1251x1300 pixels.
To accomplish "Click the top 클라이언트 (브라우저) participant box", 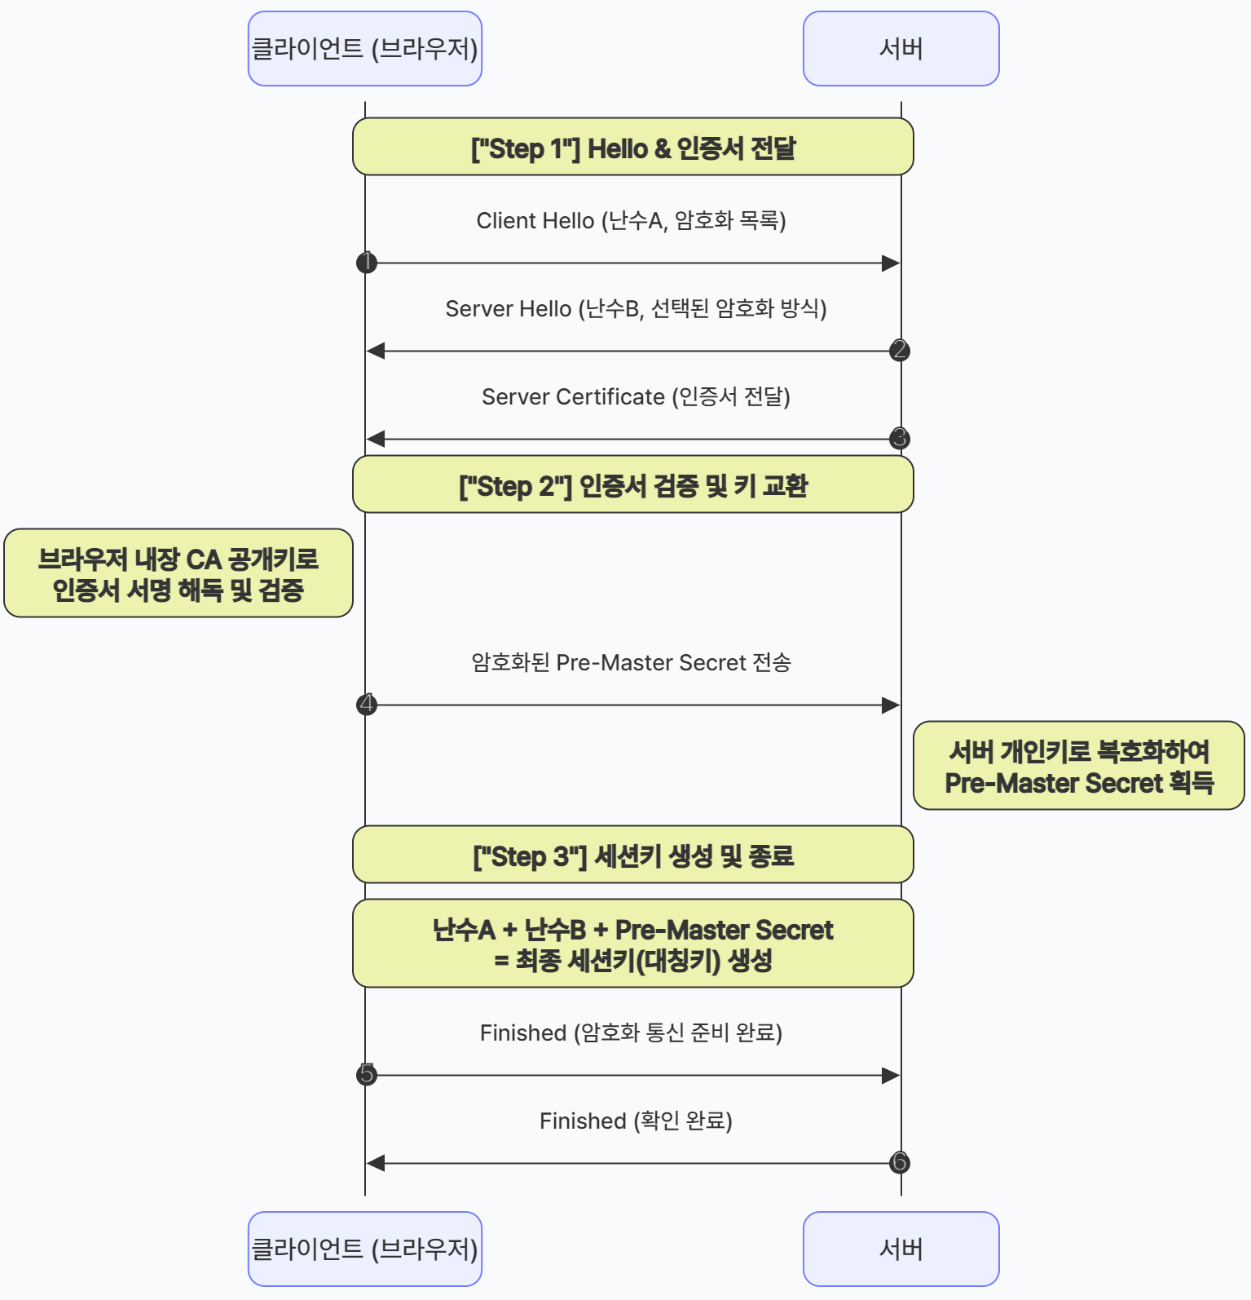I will point(364,49).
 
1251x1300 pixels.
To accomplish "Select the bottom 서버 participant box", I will point(901,1249).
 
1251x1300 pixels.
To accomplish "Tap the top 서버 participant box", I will point(901,49).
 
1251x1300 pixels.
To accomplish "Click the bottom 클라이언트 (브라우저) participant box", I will point(364,1249).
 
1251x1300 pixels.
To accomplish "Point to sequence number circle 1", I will point(367,263).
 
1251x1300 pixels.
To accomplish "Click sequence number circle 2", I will point(900,351).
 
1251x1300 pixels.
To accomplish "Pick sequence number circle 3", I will point(900,439).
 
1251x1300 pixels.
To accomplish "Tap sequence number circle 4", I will point(367,705).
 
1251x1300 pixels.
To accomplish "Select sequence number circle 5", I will point(367,1075).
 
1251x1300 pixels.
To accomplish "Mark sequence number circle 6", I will point(900,1163).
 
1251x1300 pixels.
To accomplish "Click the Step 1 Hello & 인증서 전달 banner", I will point(632,147).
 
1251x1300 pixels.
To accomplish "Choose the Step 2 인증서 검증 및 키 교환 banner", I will point(632,484).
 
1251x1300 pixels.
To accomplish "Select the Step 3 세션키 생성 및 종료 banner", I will point(632,855).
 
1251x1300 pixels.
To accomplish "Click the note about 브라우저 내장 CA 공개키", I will point(178,573).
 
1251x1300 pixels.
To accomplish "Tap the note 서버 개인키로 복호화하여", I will point(1078,766).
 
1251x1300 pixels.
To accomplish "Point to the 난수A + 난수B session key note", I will point(632,944).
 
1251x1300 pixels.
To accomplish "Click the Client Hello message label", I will point(631,221).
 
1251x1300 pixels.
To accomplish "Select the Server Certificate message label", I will point(636,397).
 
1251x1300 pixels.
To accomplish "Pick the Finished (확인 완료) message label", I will point(636,1121).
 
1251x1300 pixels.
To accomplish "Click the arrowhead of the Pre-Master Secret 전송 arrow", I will point(891,705).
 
